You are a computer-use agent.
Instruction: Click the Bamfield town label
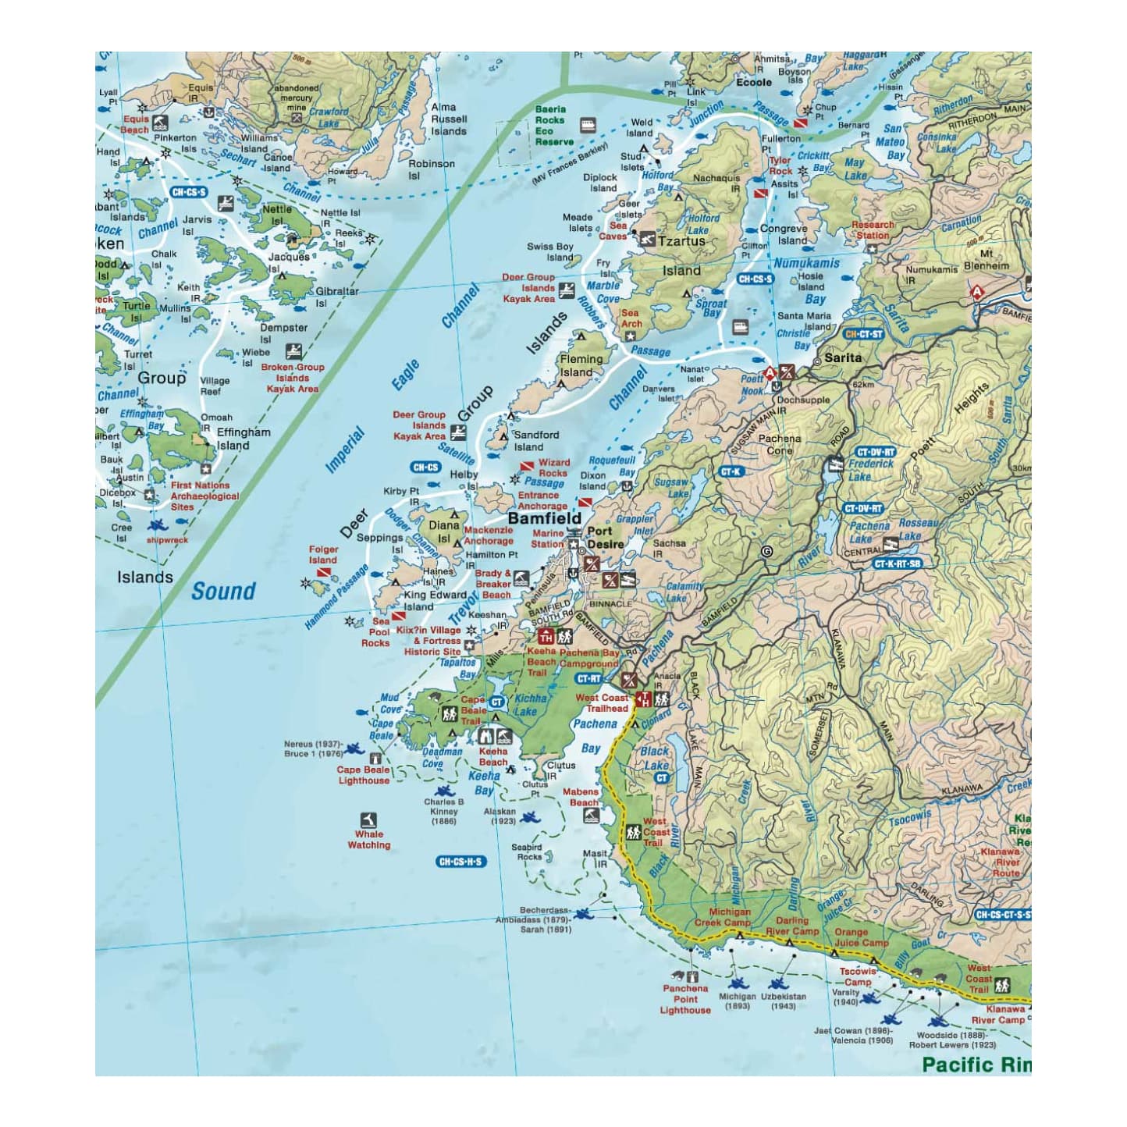pos(544,518)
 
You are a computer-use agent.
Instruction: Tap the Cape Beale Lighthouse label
pos(363,775)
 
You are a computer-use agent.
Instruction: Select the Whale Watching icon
pos(368,820)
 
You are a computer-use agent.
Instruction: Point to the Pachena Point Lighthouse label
pos(685,999)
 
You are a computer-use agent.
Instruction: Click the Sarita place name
pos(843,357)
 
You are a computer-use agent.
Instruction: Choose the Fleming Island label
pos(581,365)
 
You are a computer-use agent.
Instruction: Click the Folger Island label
pos(322,555)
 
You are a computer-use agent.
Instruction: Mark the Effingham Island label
pos(244,439)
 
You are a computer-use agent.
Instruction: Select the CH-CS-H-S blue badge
pos(460,862)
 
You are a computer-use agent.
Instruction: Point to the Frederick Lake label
pos(870,470)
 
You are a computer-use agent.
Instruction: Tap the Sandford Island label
pos(535,441)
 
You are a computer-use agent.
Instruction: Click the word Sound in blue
pos(223,592)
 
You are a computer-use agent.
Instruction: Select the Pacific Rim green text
pos(975,1065)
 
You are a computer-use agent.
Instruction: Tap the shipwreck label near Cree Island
pos(167,540)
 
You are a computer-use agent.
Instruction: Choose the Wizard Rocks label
pos(553,468)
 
